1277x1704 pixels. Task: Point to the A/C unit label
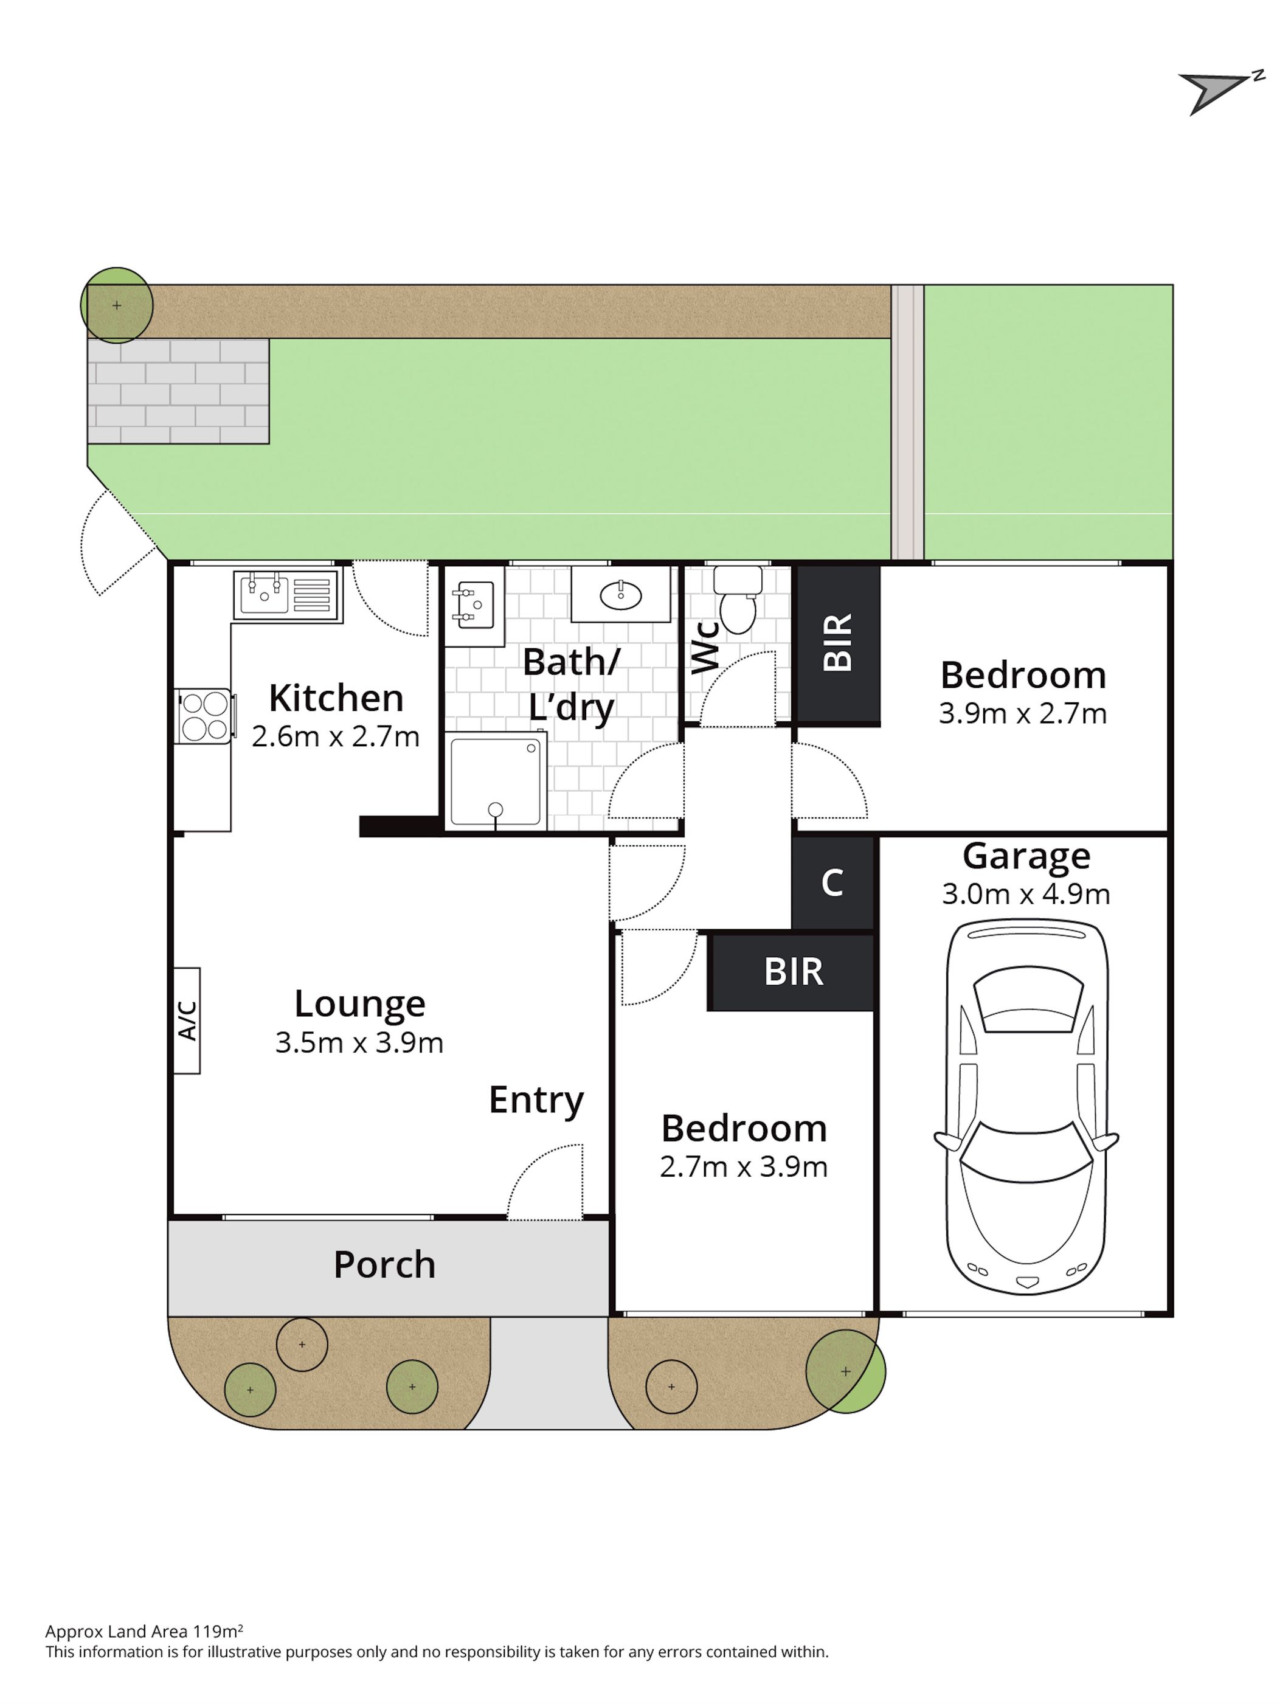click(x=187, y=1020)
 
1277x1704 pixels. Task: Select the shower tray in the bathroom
click(x=497, y=781)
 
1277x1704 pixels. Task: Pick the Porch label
click(x=384, y=1264)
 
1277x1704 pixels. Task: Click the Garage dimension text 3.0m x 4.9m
click(x=1026, y=893)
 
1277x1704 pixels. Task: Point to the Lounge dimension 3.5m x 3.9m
click(x=359, y=1042)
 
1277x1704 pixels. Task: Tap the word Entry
click(x=536, y=1101)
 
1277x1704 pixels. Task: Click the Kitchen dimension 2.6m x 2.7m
click(x=336, y=736)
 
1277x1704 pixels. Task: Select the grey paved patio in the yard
click(x=179, y=391)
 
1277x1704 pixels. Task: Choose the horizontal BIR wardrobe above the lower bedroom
click(x=792, y=972)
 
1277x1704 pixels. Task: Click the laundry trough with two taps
click(x=474, y=606)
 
